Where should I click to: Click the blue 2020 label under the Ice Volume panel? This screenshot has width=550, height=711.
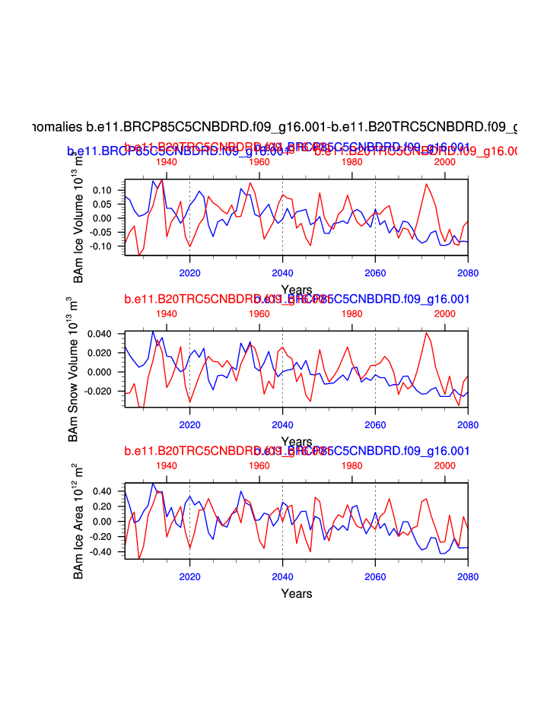189,272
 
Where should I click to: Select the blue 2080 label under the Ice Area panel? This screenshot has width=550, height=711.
468,576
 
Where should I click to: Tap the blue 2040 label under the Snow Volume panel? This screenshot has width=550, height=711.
282,423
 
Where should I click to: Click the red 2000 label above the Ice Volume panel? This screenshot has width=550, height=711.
444,162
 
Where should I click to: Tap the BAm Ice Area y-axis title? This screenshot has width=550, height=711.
78,522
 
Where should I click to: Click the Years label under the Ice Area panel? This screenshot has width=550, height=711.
296,593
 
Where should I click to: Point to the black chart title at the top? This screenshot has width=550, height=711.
275,127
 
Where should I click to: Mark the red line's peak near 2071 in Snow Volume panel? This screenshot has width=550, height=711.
427,332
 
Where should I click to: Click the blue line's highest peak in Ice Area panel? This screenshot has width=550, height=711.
153,484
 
